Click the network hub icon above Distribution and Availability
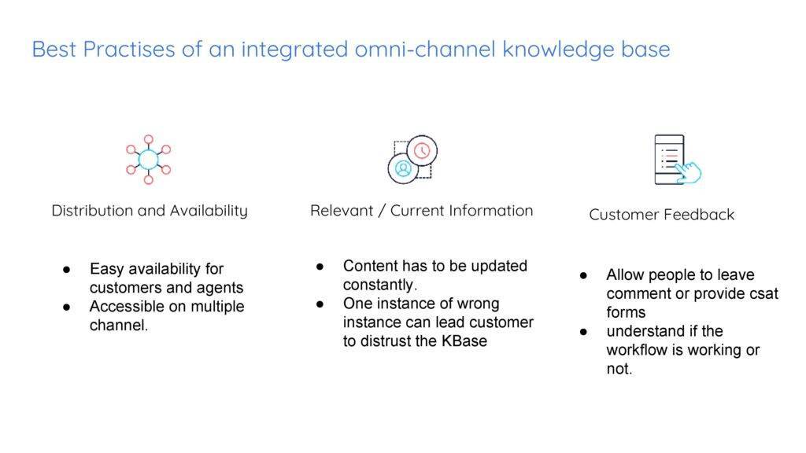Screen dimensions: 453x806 149,160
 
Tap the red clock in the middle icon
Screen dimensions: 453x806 423,150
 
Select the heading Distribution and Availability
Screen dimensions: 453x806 150,211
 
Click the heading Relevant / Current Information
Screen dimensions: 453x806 421,211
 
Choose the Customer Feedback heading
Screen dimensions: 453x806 661,215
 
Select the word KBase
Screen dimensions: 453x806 464,341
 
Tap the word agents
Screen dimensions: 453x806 220,288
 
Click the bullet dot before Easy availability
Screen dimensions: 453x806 68,270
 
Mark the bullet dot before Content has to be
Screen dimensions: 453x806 321,267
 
